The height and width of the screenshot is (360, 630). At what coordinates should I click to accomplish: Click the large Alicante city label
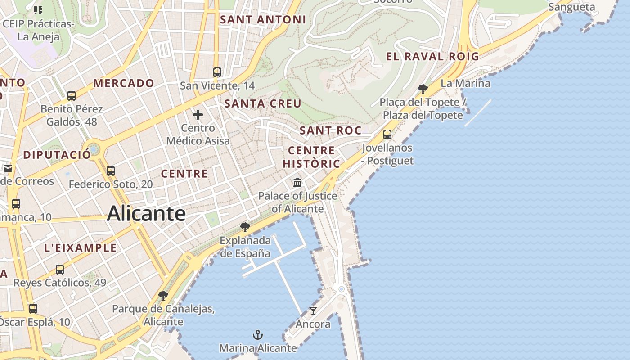point(146,213)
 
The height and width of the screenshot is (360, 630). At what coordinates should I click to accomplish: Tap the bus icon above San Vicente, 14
point(217,72)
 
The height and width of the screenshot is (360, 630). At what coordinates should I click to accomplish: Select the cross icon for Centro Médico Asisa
point(198,115)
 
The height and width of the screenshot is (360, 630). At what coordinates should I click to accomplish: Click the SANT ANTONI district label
point(263,19)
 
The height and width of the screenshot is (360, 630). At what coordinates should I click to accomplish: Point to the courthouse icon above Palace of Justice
point(297,182)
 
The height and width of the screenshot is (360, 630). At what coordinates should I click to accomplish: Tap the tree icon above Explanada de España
point(245,227)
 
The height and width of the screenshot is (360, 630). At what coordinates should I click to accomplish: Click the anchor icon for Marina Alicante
point(258,335)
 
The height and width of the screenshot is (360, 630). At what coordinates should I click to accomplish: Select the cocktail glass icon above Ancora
point(313,310)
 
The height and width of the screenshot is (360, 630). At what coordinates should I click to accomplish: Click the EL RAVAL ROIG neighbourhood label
point(432,56)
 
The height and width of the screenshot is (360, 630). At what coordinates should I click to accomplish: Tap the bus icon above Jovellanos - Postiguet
point(387,134)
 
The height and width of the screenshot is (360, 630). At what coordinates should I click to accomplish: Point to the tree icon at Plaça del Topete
point(423,89)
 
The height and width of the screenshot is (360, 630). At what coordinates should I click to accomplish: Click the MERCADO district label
point(124,83)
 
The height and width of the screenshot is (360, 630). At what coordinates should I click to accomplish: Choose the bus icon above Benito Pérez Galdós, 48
point(72,95)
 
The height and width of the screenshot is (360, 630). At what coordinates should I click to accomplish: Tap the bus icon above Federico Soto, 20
point(111,171)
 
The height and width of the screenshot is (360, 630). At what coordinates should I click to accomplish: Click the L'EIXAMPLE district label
point(81,248)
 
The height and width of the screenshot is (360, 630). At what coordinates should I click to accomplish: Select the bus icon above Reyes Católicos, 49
point(60,270)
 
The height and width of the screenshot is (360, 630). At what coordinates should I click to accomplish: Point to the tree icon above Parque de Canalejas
point(163,296)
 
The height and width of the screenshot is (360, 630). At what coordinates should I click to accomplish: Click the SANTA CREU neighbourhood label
point(263,103)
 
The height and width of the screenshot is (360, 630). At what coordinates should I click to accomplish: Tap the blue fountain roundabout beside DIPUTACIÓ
point(94,148)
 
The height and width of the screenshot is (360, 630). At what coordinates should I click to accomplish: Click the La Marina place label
point(465,83)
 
